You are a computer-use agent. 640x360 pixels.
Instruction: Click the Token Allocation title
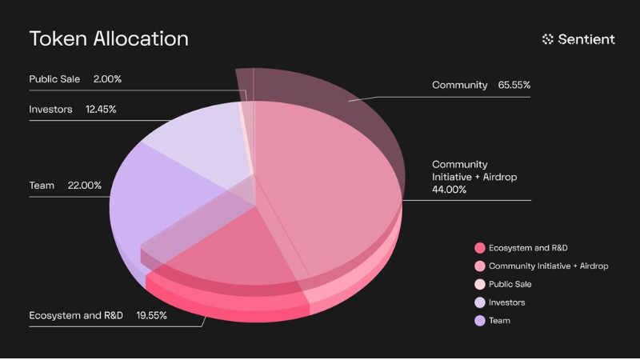pos(109,38)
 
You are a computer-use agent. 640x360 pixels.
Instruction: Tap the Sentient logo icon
pos(548,38)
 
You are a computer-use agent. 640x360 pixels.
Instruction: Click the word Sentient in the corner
pos(588,38)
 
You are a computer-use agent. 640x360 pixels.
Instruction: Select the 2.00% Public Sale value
pos(107,79)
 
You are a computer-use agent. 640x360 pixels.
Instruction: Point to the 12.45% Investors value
pos(101,109)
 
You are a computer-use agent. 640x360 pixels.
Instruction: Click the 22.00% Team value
pos(86,186)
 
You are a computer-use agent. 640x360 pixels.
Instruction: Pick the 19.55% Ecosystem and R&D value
pos(151,315)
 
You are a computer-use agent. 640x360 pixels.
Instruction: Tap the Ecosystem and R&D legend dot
pos(480,248)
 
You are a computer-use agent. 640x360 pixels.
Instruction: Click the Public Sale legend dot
pos(480,284)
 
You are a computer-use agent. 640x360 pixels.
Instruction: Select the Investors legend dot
pos(480,302)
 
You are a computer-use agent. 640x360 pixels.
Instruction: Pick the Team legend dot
pos(480,321)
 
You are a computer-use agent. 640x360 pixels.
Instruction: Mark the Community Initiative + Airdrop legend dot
pos(480,266)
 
